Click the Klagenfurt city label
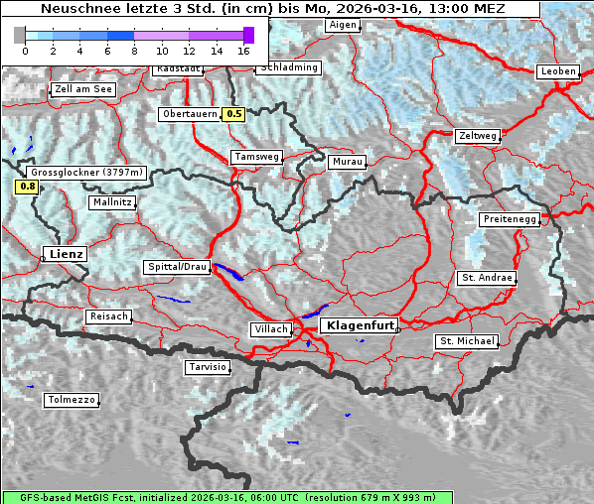click(361, 324)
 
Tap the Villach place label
click(270, 328)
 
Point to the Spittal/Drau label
click(178, 267)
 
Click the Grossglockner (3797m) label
click(87, 172)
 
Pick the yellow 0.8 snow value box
click(27, 186)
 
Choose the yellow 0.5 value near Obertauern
click(233, 113)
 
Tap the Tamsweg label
click(257, 157)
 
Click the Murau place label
click(347, 161)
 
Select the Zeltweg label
click(476, 136)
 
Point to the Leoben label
click(557, 71)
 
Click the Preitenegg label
click(511, 218)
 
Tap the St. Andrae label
click(487, 278)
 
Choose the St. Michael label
click(467, 341)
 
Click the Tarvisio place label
click(208, 367)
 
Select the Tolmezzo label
click(71, 400)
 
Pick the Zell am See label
click(83, 89)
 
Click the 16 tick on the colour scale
click(243, 49)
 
